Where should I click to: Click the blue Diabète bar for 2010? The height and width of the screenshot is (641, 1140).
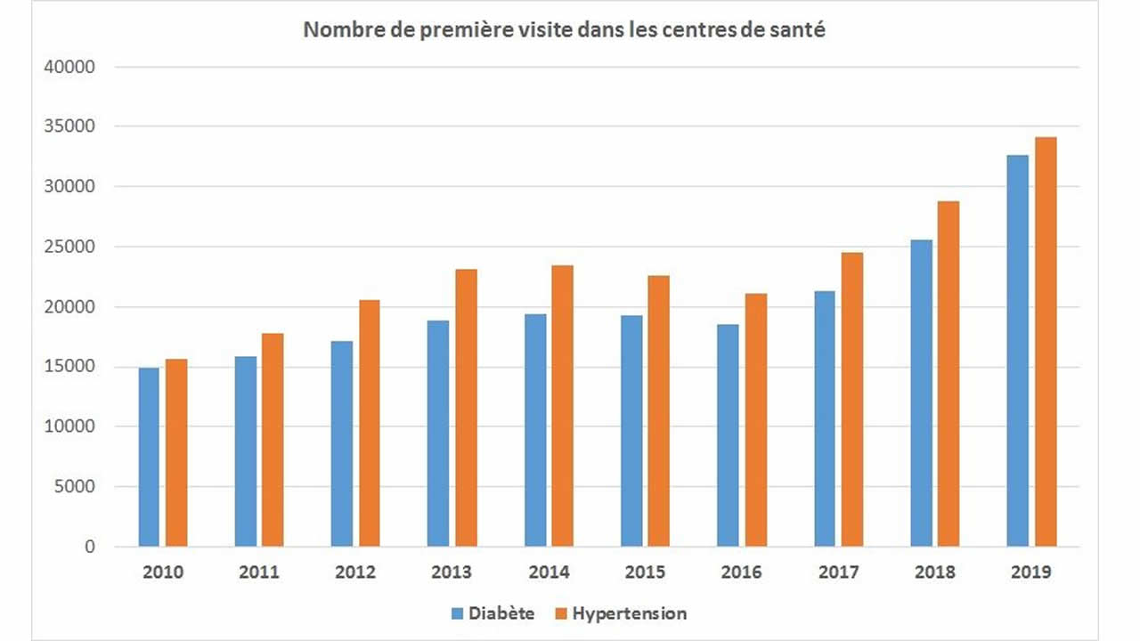point(149,457)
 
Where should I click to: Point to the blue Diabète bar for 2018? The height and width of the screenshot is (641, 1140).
point(921,393)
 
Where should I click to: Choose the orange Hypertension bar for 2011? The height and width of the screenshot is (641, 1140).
point(273,440)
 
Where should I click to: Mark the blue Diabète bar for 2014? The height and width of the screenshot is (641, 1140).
point(534,430)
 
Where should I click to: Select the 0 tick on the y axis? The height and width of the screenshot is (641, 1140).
point(89,548)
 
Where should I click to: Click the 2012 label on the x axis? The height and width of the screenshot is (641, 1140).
point(355,572)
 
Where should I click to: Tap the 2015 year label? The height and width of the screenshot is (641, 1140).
point(645,572)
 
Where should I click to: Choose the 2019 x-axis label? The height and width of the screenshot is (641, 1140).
point(1030,572)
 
